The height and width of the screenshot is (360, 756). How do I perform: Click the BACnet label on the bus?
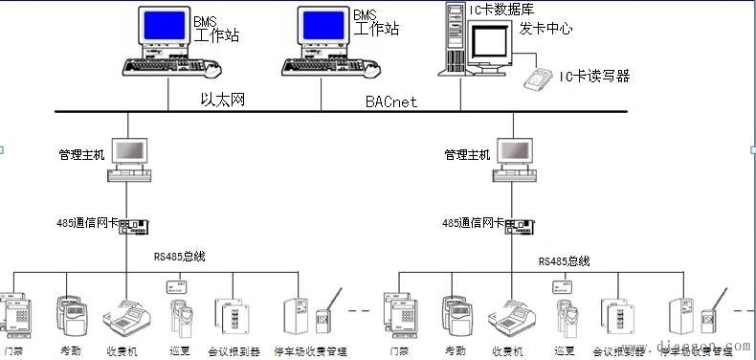pyautogui.click(x=391, y=101)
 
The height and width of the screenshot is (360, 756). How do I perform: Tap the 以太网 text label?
pyautogui.click(x=222, y=99)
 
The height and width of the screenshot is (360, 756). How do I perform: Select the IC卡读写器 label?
pyautogui.click(x=594, y=77)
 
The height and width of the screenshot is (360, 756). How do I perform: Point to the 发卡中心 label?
pyautogui.click(x=545, y=29)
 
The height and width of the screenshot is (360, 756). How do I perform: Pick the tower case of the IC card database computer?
pyautogui.click(x=455, y=38)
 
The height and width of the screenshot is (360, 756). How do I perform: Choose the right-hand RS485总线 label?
pyautogui.click(x=564, y=261)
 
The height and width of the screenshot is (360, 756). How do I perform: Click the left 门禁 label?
pyautogui.click(x=13, y=351)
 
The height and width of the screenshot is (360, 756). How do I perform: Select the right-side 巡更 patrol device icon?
pyautogui.click(x=563, y=312)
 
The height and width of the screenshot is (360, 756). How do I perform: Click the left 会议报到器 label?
pyautogui.click(x=234, y=351)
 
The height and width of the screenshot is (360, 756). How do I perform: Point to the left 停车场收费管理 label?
pyautogui.click(x=310, y=351)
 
